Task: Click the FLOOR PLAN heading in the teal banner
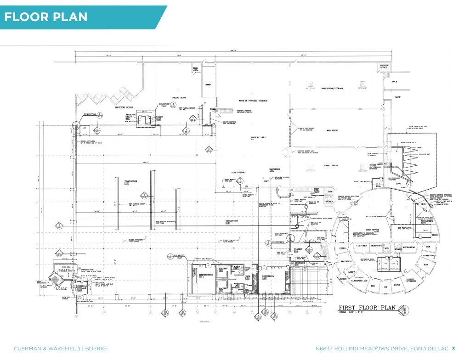click(x=45, y=17)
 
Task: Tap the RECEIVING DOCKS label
click(x=124, y=108)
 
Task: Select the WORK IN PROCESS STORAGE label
click(x=253, y=100)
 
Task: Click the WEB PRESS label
click(x=332, y=130)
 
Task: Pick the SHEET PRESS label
click(x=331, y=165)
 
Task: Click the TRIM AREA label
click(x=195, y=69)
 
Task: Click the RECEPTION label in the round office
click(x=345, y=261)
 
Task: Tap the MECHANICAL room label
click(x=408, y=247)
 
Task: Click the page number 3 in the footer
click(x=453, y=349)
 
